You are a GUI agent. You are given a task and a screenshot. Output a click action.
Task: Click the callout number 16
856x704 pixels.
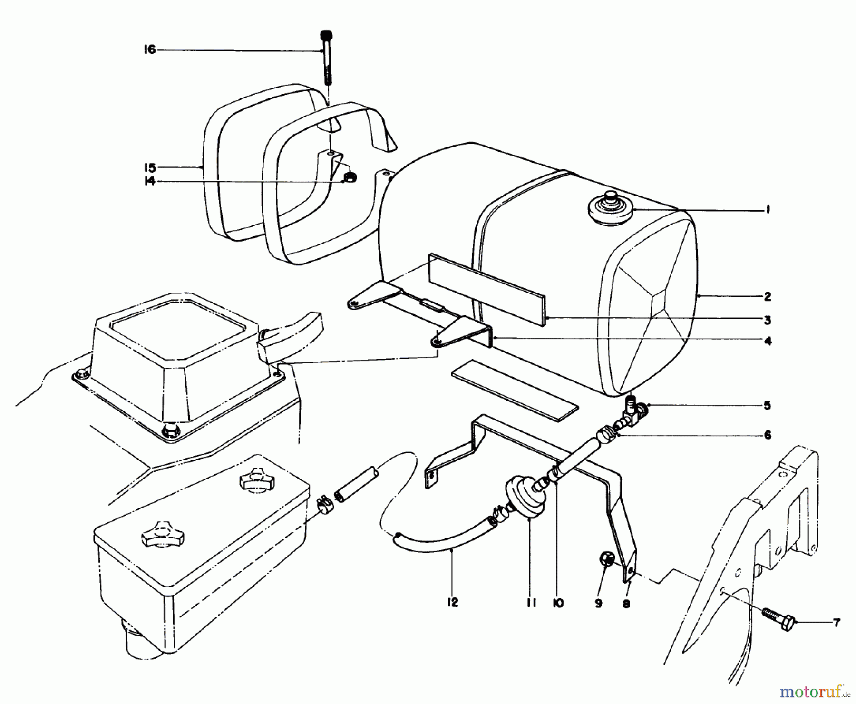pyautogui.click(x=150, y=49)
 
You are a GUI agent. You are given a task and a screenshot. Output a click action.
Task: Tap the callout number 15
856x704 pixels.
pyautogui.click(x=150, y=167)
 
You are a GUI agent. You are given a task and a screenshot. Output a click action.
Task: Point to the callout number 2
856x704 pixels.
pyautogui.click(x=767, y=297)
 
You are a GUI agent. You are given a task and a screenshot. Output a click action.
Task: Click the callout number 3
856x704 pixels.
pyautogui.click(x=767, y=320)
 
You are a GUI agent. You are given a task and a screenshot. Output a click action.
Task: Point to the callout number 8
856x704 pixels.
pyautogui.click(x=626, y=604)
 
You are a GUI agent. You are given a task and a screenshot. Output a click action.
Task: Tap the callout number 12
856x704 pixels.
pyautogui.click(x=452, y=603)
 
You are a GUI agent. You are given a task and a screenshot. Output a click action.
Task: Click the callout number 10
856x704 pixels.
pyautogui.click(x=558, y=603)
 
